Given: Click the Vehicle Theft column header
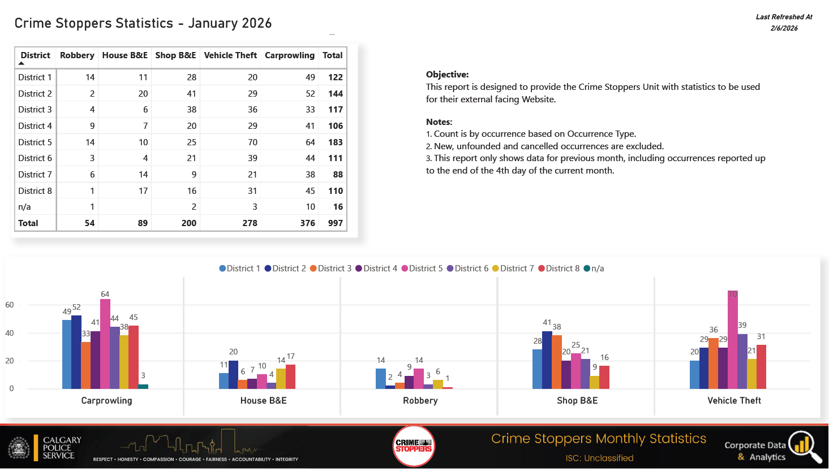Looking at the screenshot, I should [230, 55].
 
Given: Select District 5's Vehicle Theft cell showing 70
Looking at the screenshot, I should [252, 142].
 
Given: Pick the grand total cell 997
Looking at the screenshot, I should [335, 223].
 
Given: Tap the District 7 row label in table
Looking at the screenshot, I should [35, 175].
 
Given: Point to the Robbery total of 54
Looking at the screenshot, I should [89, 223].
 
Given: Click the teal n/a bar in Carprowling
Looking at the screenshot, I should [143, 387].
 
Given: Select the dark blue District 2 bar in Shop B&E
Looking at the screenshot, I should [547, 360].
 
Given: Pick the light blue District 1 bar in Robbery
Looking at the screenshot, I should [380, 379].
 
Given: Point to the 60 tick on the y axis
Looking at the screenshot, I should [10, 305].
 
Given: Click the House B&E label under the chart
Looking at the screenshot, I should [263, 401].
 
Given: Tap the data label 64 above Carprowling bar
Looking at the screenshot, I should [105, 295].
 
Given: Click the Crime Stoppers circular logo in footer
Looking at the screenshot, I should [414, 446].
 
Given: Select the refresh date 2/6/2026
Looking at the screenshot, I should [784, 28].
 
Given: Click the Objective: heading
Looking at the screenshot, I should [447, 75].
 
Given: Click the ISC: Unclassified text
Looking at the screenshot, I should [599, 458].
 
